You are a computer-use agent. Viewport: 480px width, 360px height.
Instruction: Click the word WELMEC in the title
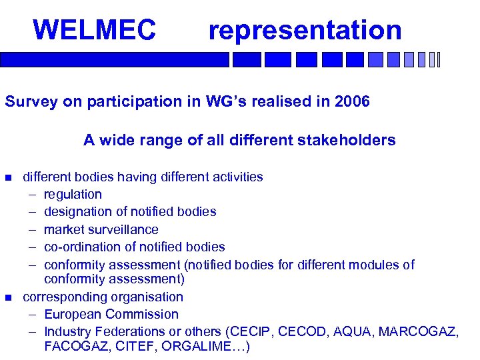[x=94, y=30]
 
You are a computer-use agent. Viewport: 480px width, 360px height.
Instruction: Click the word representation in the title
[x=305, y=30]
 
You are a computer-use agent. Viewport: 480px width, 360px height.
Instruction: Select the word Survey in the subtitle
[x=28, y=102]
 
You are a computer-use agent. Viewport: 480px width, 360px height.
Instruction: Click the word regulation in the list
[x=73, y=195]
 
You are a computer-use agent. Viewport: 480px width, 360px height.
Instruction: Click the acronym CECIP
[x=254, y=331]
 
